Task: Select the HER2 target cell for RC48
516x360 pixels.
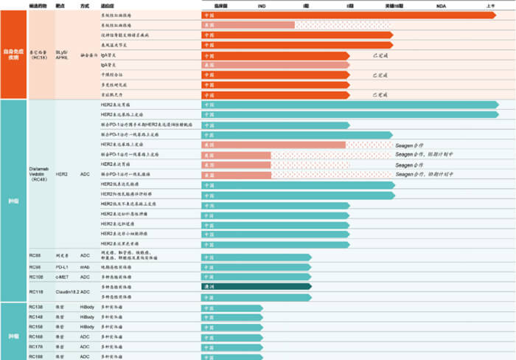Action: click(x=64, y=173)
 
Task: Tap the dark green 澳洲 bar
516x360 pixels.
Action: click(x=257, y=286)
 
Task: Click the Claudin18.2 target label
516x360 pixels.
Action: click(x=67, y=291)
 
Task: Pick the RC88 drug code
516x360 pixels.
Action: click(x=35, y=256)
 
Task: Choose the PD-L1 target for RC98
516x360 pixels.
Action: click(x=63, y=266)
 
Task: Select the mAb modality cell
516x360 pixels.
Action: click(x=85, y=266)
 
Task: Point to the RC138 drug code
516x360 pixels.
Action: click(x=36, y=306)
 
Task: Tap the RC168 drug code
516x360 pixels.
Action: click(x=36, y=336)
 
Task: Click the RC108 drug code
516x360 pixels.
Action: click(x=36, y=277)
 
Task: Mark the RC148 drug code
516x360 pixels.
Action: click(x=36, y=316)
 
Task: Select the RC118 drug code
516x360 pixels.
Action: click(x=36, y=291)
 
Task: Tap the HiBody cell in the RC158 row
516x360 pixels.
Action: click(x=87, y=326)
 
